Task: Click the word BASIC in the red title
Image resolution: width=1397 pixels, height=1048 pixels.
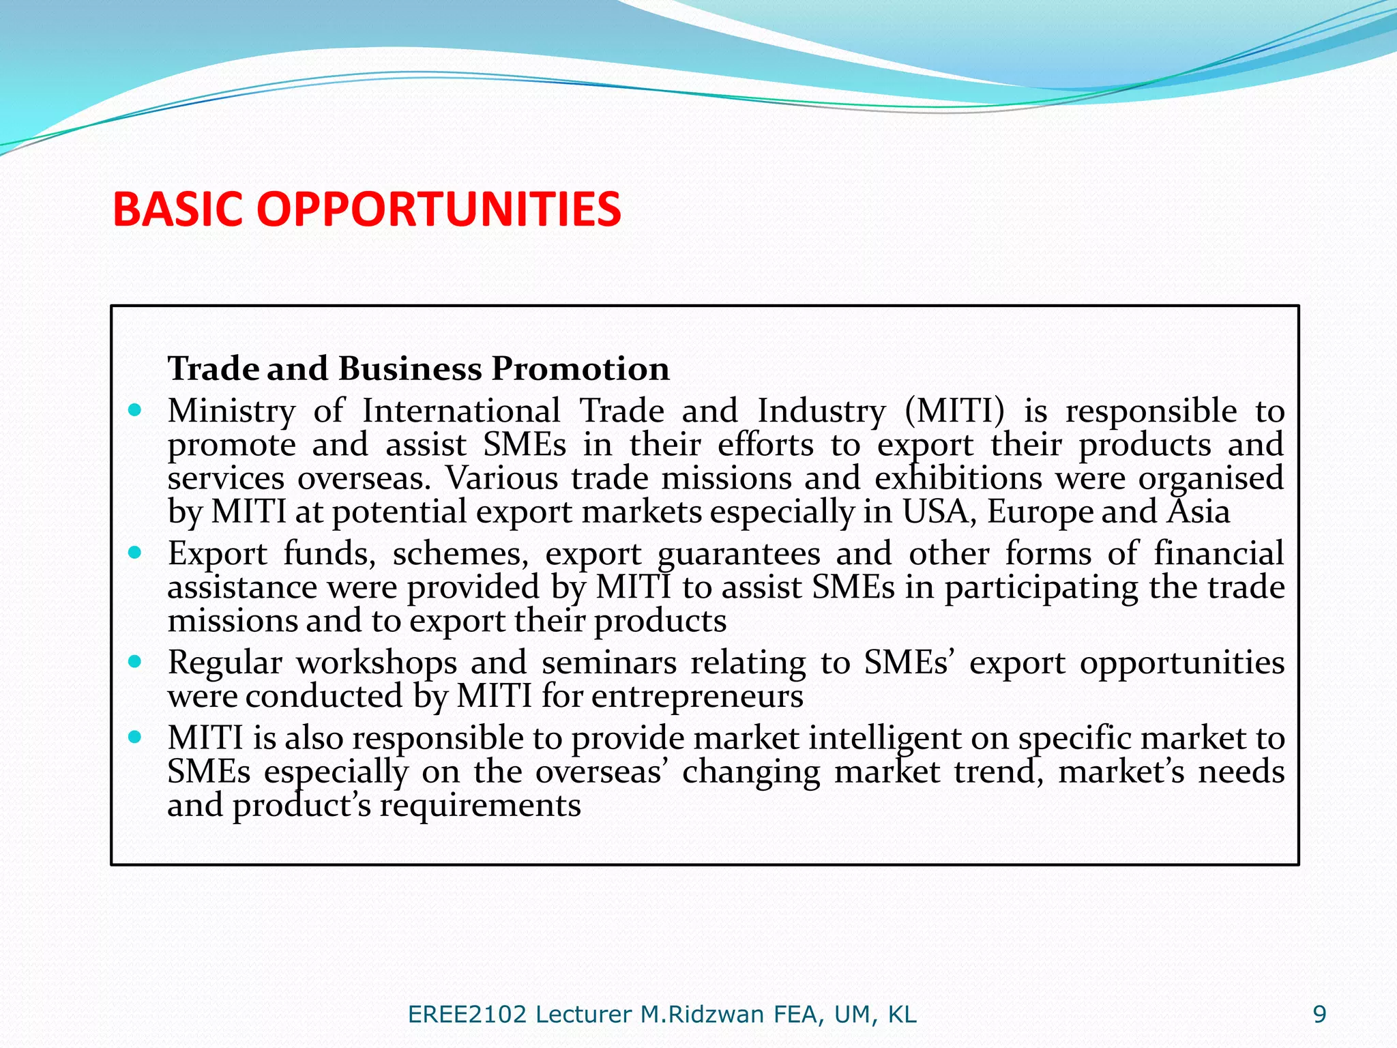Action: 177,209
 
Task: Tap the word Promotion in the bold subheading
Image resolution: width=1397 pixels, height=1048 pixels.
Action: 580,368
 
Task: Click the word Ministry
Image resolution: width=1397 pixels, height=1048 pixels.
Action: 232,411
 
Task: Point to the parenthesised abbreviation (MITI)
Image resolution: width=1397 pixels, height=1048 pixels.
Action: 955,411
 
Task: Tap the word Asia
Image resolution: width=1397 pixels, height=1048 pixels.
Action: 1199,512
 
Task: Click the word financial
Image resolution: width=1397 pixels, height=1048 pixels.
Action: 1219,553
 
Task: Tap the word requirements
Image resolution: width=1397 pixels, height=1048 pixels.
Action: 480,806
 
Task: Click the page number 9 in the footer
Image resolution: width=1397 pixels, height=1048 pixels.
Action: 1319,1015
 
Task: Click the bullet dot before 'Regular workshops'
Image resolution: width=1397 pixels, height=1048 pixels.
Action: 135,661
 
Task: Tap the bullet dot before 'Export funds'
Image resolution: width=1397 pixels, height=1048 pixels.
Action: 135,552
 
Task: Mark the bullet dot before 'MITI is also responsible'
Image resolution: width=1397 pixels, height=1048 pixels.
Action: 135,737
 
